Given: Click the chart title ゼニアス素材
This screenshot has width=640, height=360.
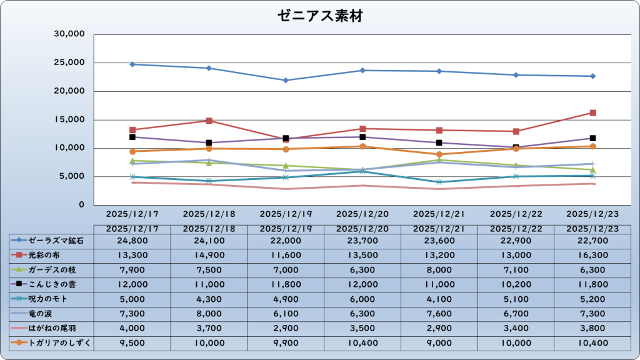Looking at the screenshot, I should (x=320, y=17).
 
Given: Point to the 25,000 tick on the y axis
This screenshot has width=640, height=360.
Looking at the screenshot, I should (x=70, y=62).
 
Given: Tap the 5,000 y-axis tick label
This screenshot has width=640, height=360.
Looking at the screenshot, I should (x=72, y=176).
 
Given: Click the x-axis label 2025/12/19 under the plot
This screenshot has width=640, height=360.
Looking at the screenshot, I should (x=286, y=213).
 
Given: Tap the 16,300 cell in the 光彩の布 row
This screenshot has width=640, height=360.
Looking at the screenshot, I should (x=592, y=255).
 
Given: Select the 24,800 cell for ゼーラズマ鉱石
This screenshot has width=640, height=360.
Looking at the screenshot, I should (x=132, y=240).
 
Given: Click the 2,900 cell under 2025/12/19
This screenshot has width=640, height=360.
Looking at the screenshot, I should (x=286, y=327).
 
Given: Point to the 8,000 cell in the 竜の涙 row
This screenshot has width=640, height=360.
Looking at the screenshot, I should (x=209, y=313).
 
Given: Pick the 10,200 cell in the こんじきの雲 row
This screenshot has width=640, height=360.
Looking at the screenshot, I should (x=516, y=284).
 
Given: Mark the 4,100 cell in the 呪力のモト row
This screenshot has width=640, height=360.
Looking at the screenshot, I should (x=439, y=299).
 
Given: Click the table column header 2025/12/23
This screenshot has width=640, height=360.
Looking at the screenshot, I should (x=592, y=229).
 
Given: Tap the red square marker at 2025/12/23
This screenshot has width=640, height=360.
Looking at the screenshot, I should (x=592, y=113).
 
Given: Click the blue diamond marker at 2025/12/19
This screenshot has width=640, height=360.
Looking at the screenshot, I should (x=286, y=80).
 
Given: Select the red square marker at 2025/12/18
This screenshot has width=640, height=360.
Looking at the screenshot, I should (x=209, y=121).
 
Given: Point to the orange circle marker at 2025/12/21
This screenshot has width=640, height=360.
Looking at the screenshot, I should (x=439, y=154).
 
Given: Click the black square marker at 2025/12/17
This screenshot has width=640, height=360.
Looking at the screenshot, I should (x=132, y=137).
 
